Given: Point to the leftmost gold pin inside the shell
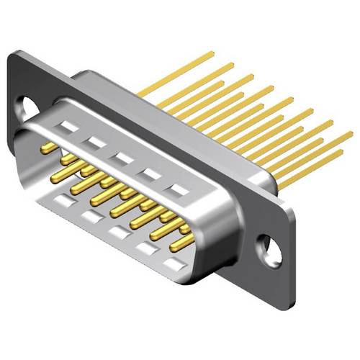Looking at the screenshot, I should coord(49,148).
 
